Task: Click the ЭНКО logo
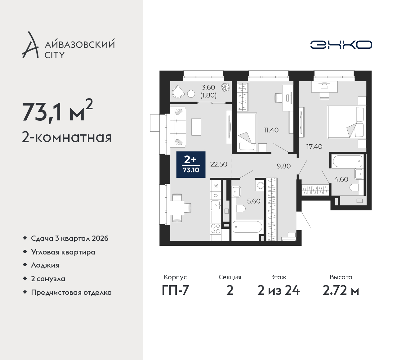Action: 341,45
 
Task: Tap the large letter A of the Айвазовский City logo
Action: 30,45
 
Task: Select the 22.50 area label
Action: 218,164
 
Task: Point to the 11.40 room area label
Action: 271,130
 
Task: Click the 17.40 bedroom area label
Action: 314,147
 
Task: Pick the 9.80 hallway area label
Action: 283,166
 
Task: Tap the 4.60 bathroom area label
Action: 341,179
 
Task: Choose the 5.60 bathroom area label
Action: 253,201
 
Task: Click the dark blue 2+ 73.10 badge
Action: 191,164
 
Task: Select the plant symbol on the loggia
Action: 225,87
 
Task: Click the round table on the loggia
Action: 191,94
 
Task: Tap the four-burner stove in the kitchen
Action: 216,228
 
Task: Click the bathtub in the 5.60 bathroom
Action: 248,227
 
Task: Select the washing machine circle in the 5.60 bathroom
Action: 261,186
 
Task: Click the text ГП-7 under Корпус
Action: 175,291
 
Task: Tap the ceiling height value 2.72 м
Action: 341,291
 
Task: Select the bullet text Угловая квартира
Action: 63,252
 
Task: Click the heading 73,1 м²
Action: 57,111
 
